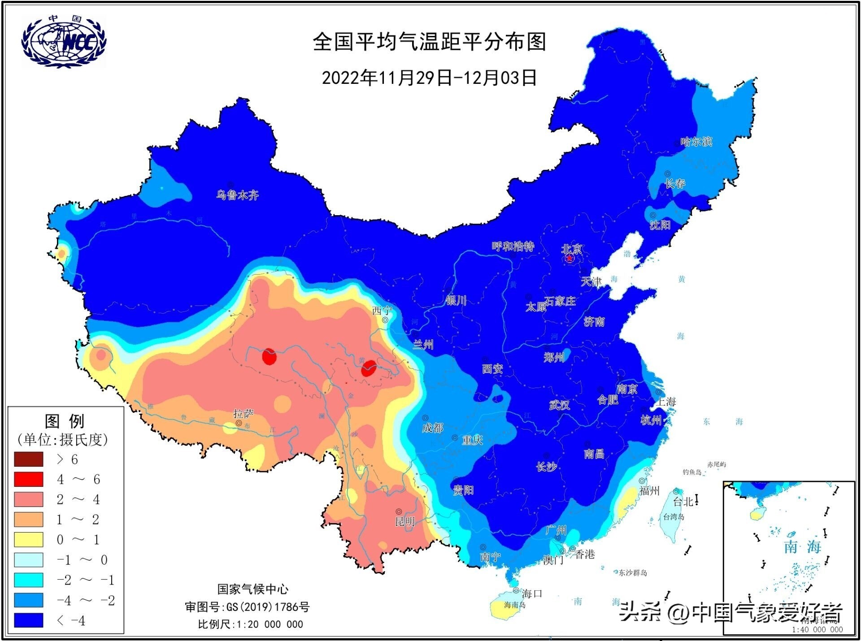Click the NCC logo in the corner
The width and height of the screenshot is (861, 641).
click(64, 42)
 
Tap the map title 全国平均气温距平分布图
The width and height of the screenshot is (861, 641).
click(429, 42)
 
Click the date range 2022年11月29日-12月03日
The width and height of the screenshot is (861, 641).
click(429, 78)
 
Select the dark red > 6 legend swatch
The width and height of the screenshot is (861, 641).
click(29, 459)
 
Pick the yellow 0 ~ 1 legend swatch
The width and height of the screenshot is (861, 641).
click(29, 539)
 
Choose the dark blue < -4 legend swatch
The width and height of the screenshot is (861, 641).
click(29, 620)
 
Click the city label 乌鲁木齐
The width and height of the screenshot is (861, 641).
click(237, 195)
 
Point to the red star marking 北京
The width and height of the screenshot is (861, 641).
click(569, 258)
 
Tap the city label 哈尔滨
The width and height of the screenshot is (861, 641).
click(696, 142)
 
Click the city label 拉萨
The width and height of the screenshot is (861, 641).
click(243, 414)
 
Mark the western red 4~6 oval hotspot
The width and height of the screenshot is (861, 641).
click(269, 357)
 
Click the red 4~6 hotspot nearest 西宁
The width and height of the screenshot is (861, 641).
click(368, 368)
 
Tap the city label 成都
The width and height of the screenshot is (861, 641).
click(432, 428)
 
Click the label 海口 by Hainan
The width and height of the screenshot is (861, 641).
click(532, 593)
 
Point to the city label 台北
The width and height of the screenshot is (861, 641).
click(683, 502)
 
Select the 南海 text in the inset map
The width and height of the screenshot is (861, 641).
click(802, 547)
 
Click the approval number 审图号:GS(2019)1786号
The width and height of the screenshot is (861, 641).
click(247, 607)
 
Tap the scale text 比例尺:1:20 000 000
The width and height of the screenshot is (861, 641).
click(250, 624)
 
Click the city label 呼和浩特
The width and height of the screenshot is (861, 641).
click(513, 247)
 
